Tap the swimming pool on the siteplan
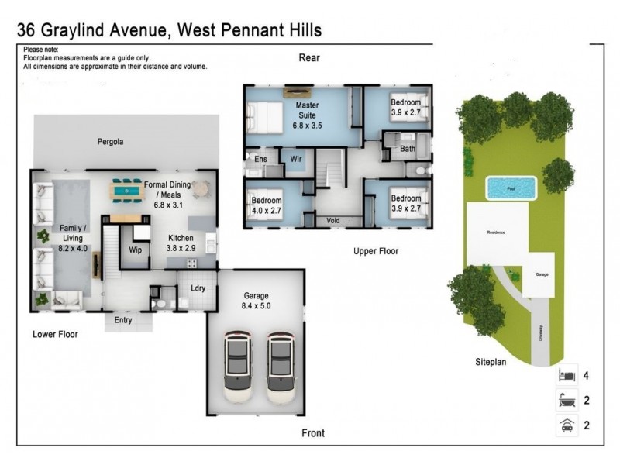pyautogui.click(x=511, y=188)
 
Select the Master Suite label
pyautogui.click(x=307, y=113)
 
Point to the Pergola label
pyautogui.click(x=111, y=143)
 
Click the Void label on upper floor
pyautogui.click(x=334, y=220)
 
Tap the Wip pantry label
pyautogui.click(x=135, y=250)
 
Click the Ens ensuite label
pyautogui.click(x=260, y=160)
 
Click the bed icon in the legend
pyautogui.click(x=567, y=376)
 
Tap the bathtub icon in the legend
pyautogui.click(x=567, y=400)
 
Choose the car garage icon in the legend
pyautogui.click(x=567, y=425)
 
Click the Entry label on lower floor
pyautogui.click(x=123, y=320)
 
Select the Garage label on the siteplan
pyautogui.click(x=542, y=274)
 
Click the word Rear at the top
pyautogui.click(x=310, y=58)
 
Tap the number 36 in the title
pyautogui.click(x=27, y=30)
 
